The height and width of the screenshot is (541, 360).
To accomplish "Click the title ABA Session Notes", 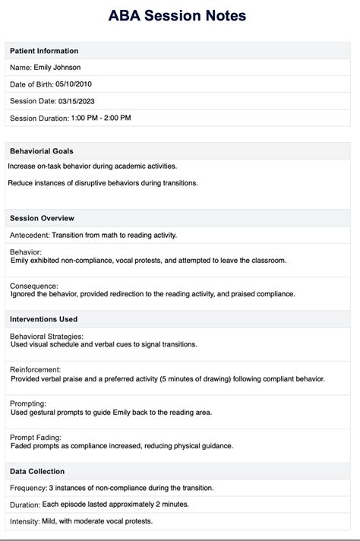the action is (x=180, y=16).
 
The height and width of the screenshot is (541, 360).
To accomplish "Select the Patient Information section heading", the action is (x=44, y=51).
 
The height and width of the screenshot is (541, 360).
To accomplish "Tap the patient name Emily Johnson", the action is (x=58, y=68).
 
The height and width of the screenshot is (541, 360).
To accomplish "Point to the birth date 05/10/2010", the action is (x=74, y=84).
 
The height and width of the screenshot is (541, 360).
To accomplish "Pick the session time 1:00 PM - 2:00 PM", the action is (x=100, y=118).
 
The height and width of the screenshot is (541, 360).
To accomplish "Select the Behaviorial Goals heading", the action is (x=42, y=151).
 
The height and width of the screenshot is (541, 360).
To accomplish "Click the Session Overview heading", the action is (x=42, y=218).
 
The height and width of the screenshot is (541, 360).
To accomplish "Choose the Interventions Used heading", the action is (x=43, y=319).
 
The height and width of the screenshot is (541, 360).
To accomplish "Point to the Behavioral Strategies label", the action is (x=46, y=336).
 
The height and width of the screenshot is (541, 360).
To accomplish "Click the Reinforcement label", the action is (x=35, y=369).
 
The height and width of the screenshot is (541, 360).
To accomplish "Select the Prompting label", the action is (x=28, y=403).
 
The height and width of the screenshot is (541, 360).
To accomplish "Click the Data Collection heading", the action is (x=37, y=471).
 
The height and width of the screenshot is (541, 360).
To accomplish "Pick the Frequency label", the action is (x=27, y=488).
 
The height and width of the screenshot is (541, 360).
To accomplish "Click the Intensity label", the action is (x=25, y=521).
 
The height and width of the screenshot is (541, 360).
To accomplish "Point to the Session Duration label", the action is (x=37, y=118).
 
